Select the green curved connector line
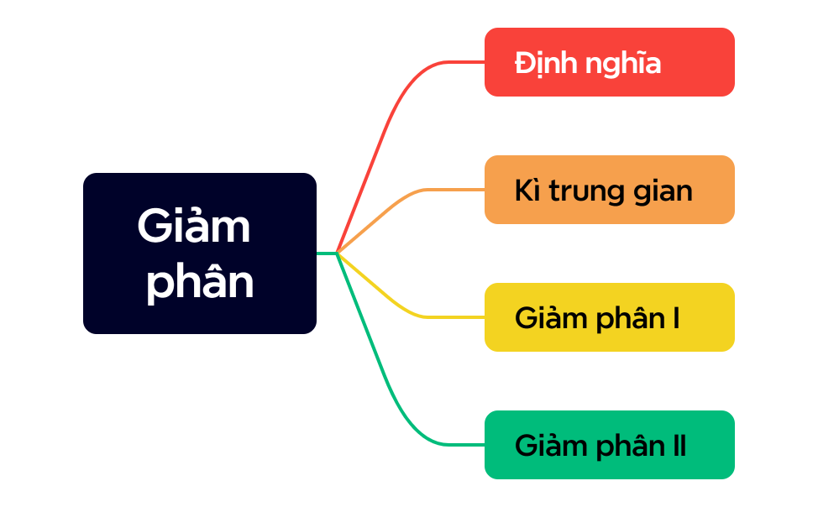click(395, 395)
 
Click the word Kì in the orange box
click(527, 191)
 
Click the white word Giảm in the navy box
click(194, 227)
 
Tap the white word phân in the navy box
click(200, 283)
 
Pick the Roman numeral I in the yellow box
click(675, 319)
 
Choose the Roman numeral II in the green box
click(679, 447)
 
